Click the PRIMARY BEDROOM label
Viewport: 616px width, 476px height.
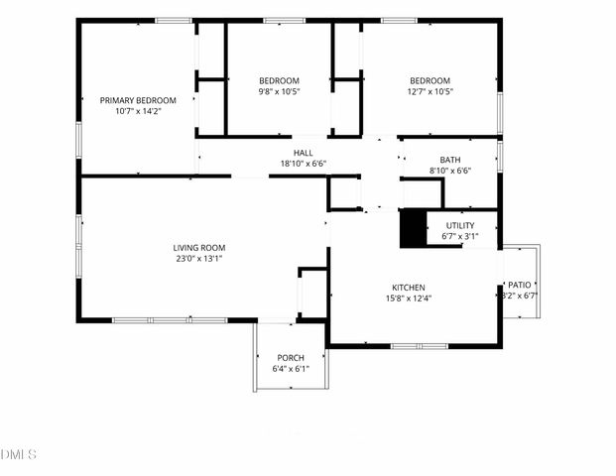click(138, 100)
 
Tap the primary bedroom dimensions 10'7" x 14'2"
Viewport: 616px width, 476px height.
click(138, 111)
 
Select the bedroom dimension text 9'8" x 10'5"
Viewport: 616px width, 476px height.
click(279, 91)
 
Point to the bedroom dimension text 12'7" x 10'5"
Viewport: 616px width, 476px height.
click(431, 91)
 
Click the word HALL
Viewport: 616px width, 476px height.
click(303, 153)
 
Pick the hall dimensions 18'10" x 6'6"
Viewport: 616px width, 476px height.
click(303, 164)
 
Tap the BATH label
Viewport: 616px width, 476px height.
click(450, 159)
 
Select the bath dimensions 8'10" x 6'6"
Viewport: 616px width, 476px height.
click(450, 170)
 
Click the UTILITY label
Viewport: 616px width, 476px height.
click(460, 226)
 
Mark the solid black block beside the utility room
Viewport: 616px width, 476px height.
click(412, 229)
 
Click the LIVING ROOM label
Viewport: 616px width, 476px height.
click(199, 248)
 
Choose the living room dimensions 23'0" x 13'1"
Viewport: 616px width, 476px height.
click(199, 259)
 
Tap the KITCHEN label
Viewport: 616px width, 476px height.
click(408, 288)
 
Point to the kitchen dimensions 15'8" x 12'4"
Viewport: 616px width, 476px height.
click(408, 298)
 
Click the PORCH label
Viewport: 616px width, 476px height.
click(291, 358)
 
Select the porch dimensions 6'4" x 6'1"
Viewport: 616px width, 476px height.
click(291, 369)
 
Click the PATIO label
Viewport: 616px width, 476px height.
click(520, 285)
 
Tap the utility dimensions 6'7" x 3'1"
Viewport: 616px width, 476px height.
click(460, 237)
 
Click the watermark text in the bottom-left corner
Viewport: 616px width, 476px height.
click(19, 455)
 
